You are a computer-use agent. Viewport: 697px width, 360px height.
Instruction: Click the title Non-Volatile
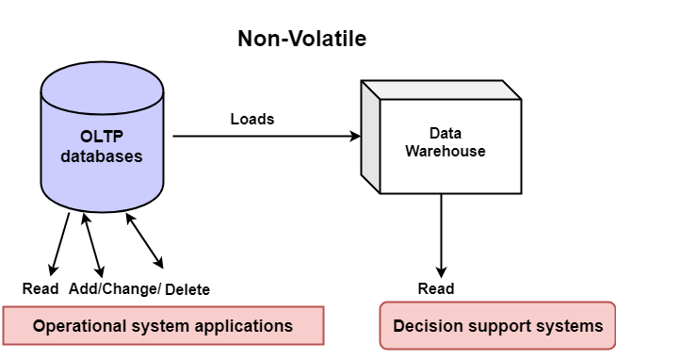click(x=301, y=39)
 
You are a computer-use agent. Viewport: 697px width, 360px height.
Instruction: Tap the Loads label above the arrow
click(x=252, y=119)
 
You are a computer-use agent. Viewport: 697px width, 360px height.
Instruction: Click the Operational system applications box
click(x=163, y=326)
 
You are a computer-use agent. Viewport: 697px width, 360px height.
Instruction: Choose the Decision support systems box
click(x=497, y=326)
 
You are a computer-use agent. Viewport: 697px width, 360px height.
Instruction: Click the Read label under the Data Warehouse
click(x=436, y=288)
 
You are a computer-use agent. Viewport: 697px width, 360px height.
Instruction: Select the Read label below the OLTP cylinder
click(x=40, y=288)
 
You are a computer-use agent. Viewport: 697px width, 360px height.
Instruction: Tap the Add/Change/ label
click(x=115, y=288)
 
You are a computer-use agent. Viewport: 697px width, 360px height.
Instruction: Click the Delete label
click(x=187, y=289)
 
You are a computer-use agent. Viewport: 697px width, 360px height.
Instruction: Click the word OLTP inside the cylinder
click(x=102, y=138)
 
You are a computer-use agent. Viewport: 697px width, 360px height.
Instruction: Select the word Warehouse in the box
click(x=446, y=151)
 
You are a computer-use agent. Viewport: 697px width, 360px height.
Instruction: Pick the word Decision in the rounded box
click(x=427, y=326)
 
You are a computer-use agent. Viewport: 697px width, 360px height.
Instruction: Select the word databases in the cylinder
click(x=102, y=156)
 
